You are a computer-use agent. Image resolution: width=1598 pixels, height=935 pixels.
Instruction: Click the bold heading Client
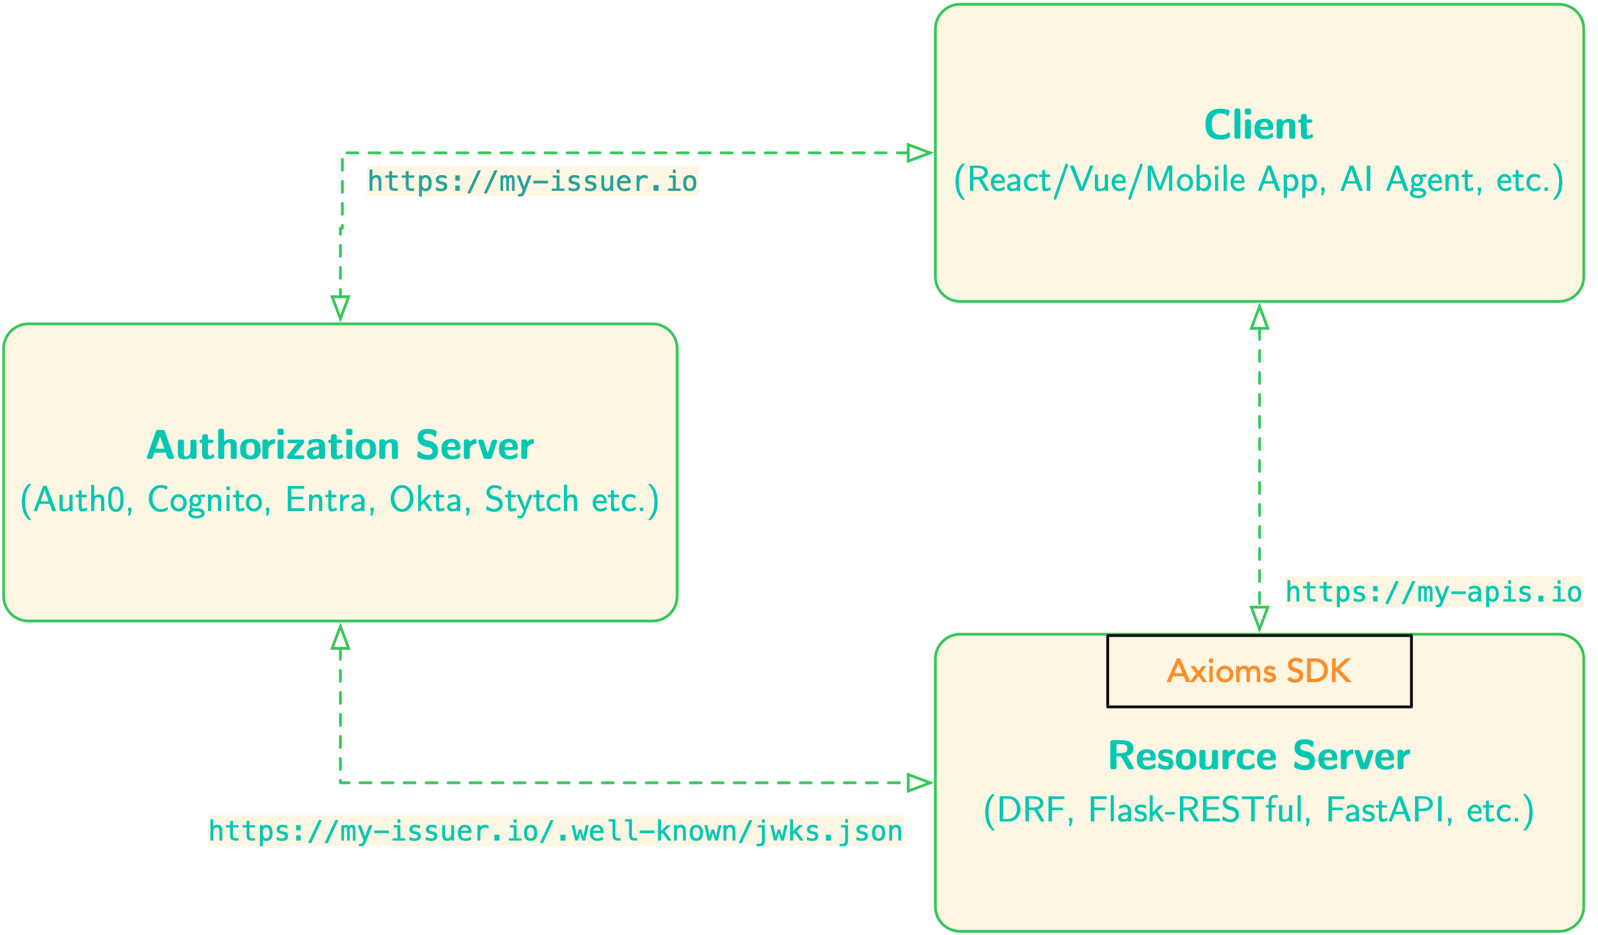[1259, 125]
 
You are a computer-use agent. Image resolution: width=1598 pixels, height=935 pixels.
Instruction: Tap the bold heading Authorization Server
[340, 446]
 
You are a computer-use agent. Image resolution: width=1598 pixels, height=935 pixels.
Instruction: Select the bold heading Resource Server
[1259, 756]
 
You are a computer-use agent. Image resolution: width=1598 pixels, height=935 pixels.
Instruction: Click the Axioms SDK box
[1259, 672]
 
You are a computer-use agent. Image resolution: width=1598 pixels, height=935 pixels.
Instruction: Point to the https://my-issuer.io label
[532, 182]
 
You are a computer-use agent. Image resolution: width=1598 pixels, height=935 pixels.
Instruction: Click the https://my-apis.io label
[1434, 592]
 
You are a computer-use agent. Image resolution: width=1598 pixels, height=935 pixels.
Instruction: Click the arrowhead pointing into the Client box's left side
[920, 153]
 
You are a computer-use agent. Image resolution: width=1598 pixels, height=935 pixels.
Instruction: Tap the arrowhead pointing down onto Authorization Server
[340, 308]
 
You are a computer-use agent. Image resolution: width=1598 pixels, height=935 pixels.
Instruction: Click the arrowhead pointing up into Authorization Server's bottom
[340, 637]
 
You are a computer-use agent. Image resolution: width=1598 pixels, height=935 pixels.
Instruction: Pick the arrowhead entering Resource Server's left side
[920, 783]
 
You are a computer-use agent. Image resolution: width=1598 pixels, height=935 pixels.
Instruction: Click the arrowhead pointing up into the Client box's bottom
[1259, 318]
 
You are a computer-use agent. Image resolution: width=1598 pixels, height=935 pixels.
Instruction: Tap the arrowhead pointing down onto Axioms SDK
[1259, 619]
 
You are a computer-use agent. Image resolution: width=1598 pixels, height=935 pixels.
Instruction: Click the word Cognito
[205, 500]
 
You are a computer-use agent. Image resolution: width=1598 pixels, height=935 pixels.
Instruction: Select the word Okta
[425, 500]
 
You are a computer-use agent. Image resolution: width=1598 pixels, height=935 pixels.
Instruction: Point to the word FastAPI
[1385, 810]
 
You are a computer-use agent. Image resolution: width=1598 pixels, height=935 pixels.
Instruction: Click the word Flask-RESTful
[1196, 810]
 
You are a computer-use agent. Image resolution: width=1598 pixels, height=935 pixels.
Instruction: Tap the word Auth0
[79, 500]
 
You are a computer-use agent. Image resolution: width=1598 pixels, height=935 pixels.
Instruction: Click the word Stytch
[532, 500]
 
